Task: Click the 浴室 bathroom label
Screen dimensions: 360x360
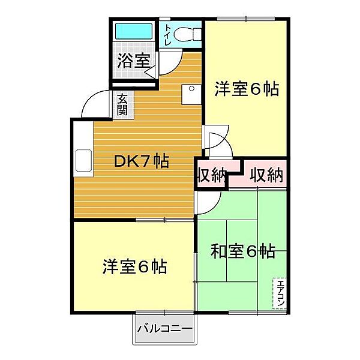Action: (134, 61)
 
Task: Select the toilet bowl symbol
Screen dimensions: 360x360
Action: (184, 34)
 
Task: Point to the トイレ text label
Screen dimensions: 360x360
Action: (168, 35)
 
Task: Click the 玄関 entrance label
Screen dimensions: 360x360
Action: (122, 105)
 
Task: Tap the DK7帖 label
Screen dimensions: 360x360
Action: (142, 161)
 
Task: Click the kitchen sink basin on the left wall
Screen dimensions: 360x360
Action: (83, 160)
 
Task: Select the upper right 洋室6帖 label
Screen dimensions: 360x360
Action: (247, 89)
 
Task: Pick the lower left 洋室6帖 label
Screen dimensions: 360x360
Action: (135, 266)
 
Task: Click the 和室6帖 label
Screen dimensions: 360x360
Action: (243, 251)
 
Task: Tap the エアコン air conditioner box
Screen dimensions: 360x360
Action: (280, 293)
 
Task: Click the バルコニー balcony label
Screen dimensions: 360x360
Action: (165, 329)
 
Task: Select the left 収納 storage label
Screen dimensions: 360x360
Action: (212, 176)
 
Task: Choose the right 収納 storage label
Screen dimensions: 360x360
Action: (266, 175)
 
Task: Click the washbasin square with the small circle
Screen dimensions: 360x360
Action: (191, 95)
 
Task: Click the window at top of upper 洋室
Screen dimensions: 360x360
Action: (246, 19)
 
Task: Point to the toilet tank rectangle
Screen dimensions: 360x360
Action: (197, 34)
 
